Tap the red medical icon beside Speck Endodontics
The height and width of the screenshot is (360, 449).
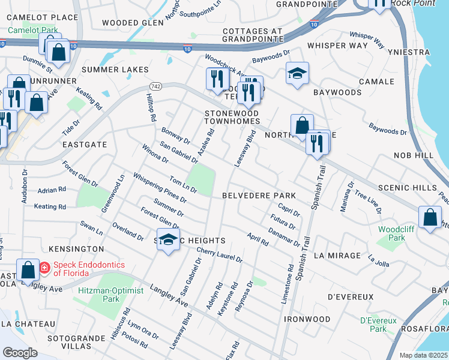(x=44, y=268)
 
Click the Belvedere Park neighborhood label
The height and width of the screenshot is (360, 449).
(x=259, y=196)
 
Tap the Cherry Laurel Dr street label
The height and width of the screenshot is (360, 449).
(x=219, y=256)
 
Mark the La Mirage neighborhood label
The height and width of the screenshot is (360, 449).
(x=337, y=256)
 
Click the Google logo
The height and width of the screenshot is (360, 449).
(x=20, y=352)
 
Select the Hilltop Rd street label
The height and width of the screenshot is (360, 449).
(x=150, y=107)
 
